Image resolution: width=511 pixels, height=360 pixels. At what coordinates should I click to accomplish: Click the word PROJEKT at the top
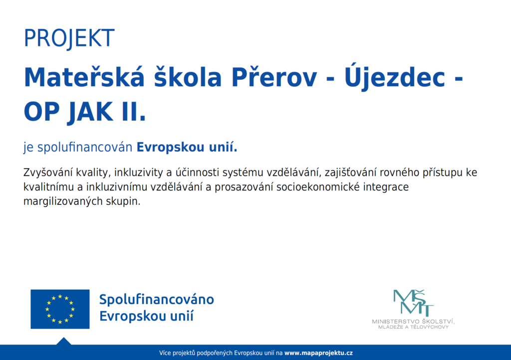(69, 38)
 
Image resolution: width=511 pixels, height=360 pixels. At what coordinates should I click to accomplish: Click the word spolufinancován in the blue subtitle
(84, 148)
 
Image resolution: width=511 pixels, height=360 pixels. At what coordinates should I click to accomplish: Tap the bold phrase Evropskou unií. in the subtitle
(187, 147)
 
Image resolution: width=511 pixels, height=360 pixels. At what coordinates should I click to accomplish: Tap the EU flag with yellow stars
(60, 309)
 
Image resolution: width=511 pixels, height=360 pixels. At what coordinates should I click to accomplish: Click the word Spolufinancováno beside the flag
(156, 300)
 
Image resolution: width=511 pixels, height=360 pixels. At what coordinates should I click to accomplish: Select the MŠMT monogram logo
(413, 303)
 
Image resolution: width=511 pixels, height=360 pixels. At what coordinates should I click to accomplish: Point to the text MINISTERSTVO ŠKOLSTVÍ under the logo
(413, 321)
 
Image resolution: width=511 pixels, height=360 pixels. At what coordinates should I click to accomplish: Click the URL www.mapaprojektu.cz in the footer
(318, 353)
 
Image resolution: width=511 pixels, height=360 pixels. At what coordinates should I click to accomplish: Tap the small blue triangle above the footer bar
(64, 341)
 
